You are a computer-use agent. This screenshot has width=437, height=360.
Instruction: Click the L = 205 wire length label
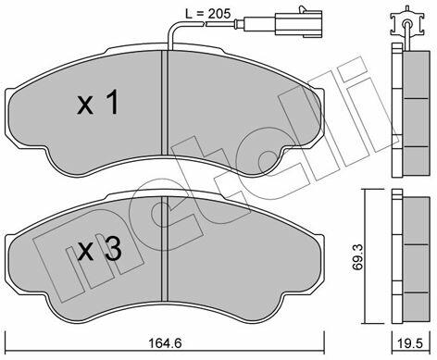pyautogui.click(x=207, y=14)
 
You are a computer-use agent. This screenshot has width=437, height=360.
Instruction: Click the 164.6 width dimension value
pyautogui.click(x=165, y=343)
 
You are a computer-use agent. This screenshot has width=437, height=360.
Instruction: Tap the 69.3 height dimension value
pyautogui.click(x=357, y=256)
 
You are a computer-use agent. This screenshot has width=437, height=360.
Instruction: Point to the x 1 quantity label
pyautogui.click(x=98, y=102)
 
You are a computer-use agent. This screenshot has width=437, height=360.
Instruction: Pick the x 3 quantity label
pyautogui.click(x=99, y=250)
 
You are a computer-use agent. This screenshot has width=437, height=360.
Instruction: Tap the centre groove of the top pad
pyautogui.click(x=164, y=103)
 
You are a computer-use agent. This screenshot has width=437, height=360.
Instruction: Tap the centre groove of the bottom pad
pyautogui.click(x=164, y=249)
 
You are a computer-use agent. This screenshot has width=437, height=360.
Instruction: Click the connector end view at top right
pyautogui.click(x=407, y=24)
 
